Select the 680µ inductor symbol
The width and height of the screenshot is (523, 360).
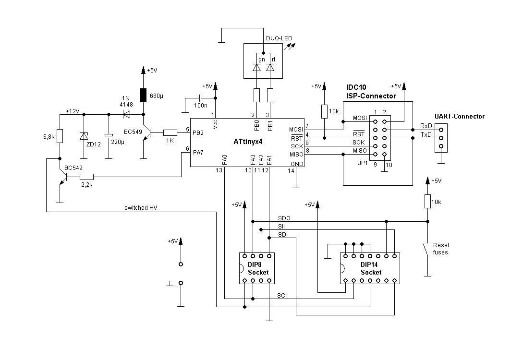tap(143, 96)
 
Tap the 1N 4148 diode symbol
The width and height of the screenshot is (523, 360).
tap(127, 114)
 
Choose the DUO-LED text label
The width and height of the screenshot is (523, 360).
tap(279, 38)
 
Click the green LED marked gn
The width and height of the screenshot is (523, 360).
tap(257, 68)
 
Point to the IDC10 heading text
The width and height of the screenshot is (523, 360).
tap(356, 88)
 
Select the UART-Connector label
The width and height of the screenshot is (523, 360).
tap(459, 116)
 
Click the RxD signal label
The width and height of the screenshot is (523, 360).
tap(426, 126)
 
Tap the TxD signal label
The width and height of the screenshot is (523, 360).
tap(426, 135)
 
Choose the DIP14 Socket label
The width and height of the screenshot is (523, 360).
tap(371, 268)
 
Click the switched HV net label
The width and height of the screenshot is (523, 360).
tap(141, 208)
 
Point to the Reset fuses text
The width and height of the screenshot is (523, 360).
tap(440, 248)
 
